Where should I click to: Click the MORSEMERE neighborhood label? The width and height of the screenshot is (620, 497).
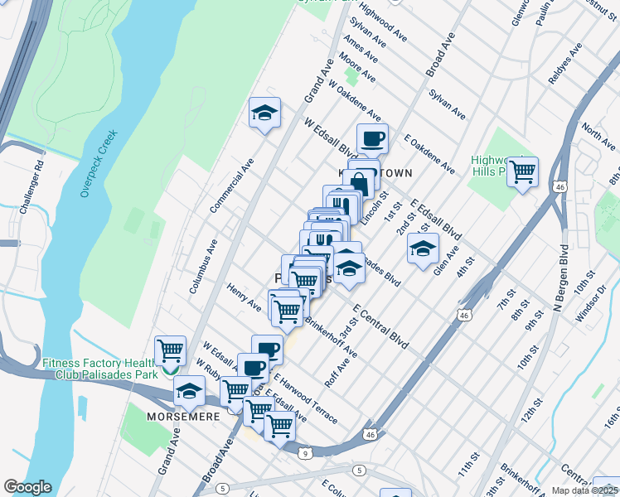click(182, 416)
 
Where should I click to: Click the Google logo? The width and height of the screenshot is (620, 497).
click(27, 487)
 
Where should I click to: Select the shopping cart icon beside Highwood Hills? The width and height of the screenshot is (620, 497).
click(522, 172)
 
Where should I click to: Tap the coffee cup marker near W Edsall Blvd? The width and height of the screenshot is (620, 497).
click(372, 138)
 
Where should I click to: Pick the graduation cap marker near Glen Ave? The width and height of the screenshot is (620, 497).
click(423, 248)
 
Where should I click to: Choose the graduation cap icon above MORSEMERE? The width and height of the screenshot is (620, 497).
click(189, 390)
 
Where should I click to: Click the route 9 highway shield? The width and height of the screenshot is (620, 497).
click(306, 453)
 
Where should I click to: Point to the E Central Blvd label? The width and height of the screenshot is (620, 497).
click(380, 326)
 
